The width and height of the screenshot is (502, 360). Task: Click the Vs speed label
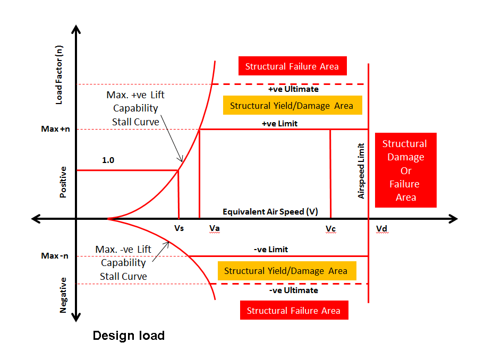179,229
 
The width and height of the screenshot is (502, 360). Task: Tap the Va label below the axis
215,228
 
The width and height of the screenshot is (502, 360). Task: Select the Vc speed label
330,229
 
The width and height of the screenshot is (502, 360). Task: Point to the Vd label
381,229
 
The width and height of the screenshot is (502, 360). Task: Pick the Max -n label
55,256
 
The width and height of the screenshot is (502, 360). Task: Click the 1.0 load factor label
108,160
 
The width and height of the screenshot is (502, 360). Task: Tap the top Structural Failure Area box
295,67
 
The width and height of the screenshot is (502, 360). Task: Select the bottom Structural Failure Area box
294,311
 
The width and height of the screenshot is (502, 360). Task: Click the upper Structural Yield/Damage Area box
291,106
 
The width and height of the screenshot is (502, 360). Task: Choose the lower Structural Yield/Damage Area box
286,271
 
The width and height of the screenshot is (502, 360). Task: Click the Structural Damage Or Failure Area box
405,170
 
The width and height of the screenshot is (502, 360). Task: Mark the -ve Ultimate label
293,290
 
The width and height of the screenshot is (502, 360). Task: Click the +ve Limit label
279,124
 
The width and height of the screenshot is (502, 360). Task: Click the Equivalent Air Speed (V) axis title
270,211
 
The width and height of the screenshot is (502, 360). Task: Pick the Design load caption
129,336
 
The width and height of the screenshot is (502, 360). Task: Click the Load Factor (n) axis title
59,74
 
